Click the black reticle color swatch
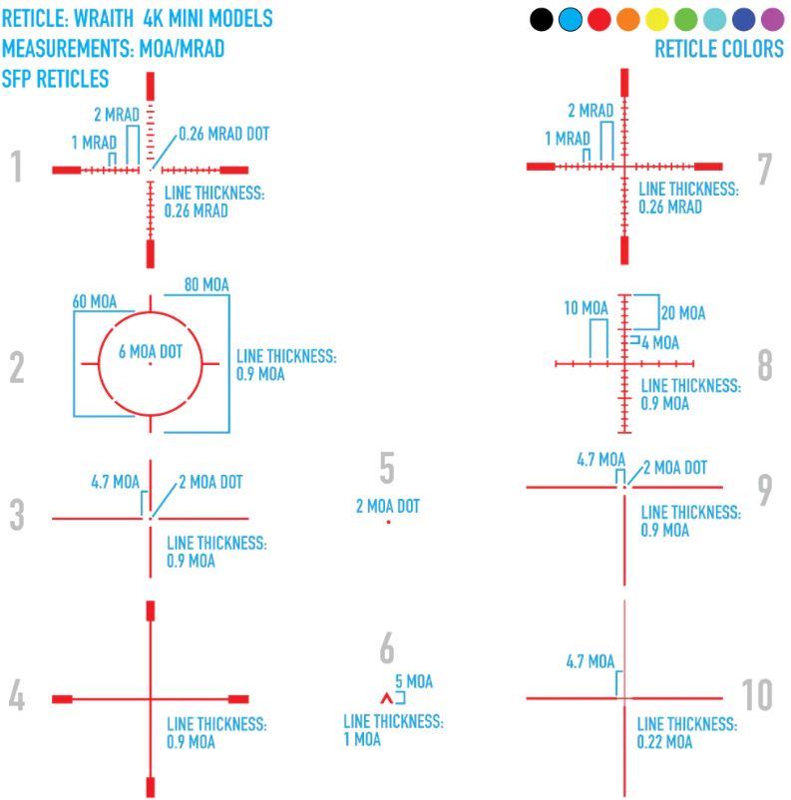pos(542,19)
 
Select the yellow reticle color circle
pos(656,19)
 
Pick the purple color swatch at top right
pos(772,19)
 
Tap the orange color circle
pos(627,19)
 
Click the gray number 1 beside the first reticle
pos(16,168)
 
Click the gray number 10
pos(758,695)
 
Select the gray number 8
pos(765,366)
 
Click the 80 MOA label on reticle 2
pos(206,285)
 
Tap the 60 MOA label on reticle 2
pos(95,301)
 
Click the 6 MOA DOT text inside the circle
pos(150,351)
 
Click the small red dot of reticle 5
pos(388,522)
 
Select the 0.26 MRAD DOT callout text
pos(223,133)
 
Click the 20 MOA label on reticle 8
pos(683,313)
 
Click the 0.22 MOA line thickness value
pos(664,742)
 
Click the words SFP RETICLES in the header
pos(56,79)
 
